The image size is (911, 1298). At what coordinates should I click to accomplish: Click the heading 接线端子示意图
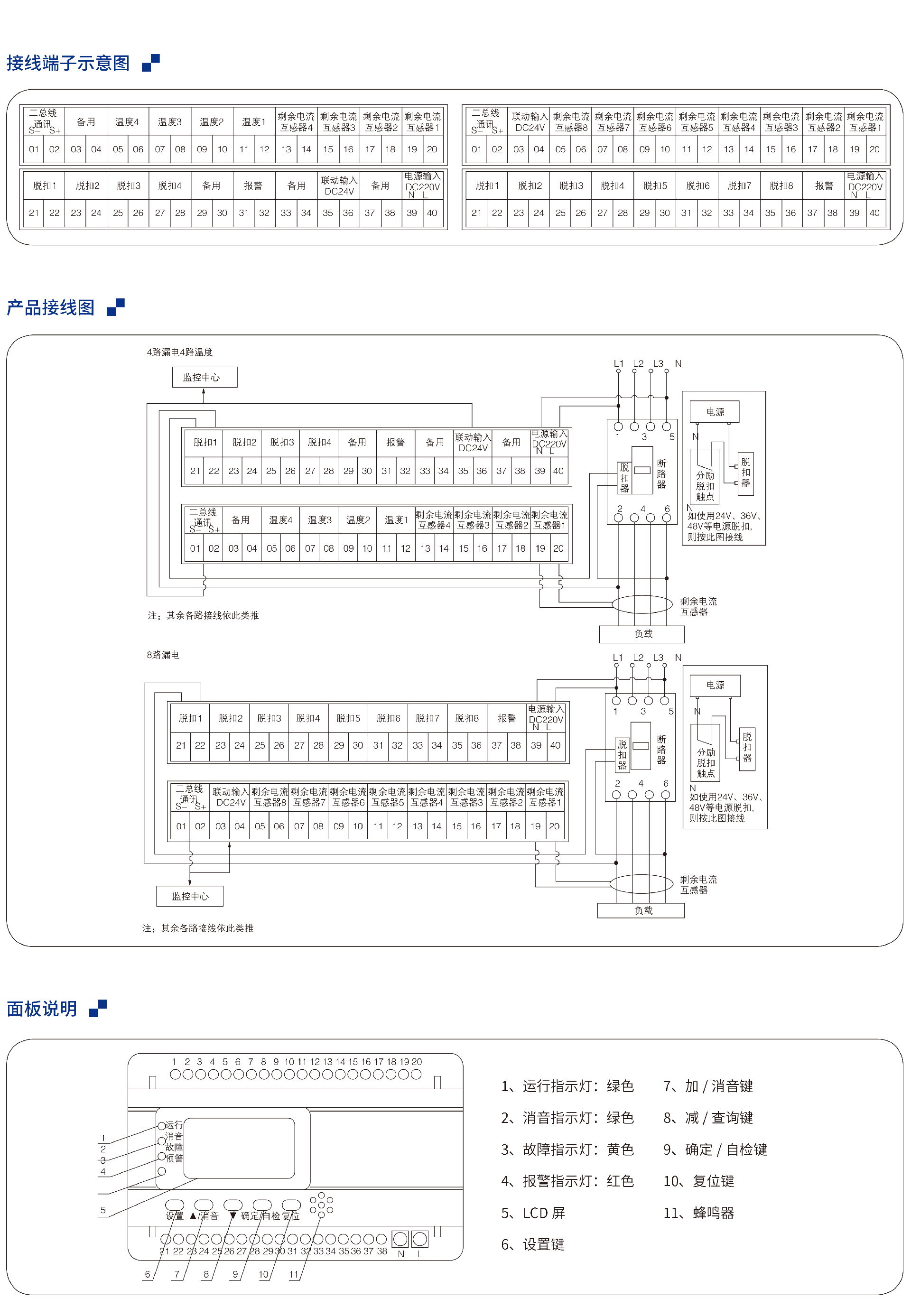(68, 63)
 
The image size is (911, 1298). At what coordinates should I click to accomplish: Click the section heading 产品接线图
(50, 307)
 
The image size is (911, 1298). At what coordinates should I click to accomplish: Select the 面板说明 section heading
(42, 1008)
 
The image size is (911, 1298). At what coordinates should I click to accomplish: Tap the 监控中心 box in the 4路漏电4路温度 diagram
(204, 377)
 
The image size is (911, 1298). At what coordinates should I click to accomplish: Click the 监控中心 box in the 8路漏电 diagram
(190, 896)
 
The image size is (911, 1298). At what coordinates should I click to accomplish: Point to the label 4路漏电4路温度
(180, 352)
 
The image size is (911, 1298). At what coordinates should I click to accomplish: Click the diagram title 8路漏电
(163, 655)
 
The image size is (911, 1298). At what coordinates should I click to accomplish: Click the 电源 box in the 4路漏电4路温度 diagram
(715, 412)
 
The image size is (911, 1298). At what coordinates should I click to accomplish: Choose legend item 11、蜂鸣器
(698, 1213)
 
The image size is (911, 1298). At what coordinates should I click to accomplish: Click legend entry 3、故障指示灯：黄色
(567, 1150)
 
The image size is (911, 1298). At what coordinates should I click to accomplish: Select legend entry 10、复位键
(698, 1181)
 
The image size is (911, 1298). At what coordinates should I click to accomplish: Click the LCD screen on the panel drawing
(239, 1148)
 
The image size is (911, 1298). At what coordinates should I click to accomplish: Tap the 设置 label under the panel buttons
(174, 1215)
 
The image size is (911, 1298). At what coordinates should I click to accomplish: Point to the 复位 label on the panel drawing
(291, 1215)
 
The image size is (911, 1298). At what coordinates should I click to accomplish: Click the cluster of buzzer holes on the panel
(321, 1204)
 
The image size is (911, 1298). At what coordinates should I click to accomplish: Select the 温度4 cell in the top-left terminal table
(127, 121)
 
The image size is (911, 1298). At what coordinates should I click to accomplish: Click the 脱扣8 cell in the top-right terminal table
(781, 185)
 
